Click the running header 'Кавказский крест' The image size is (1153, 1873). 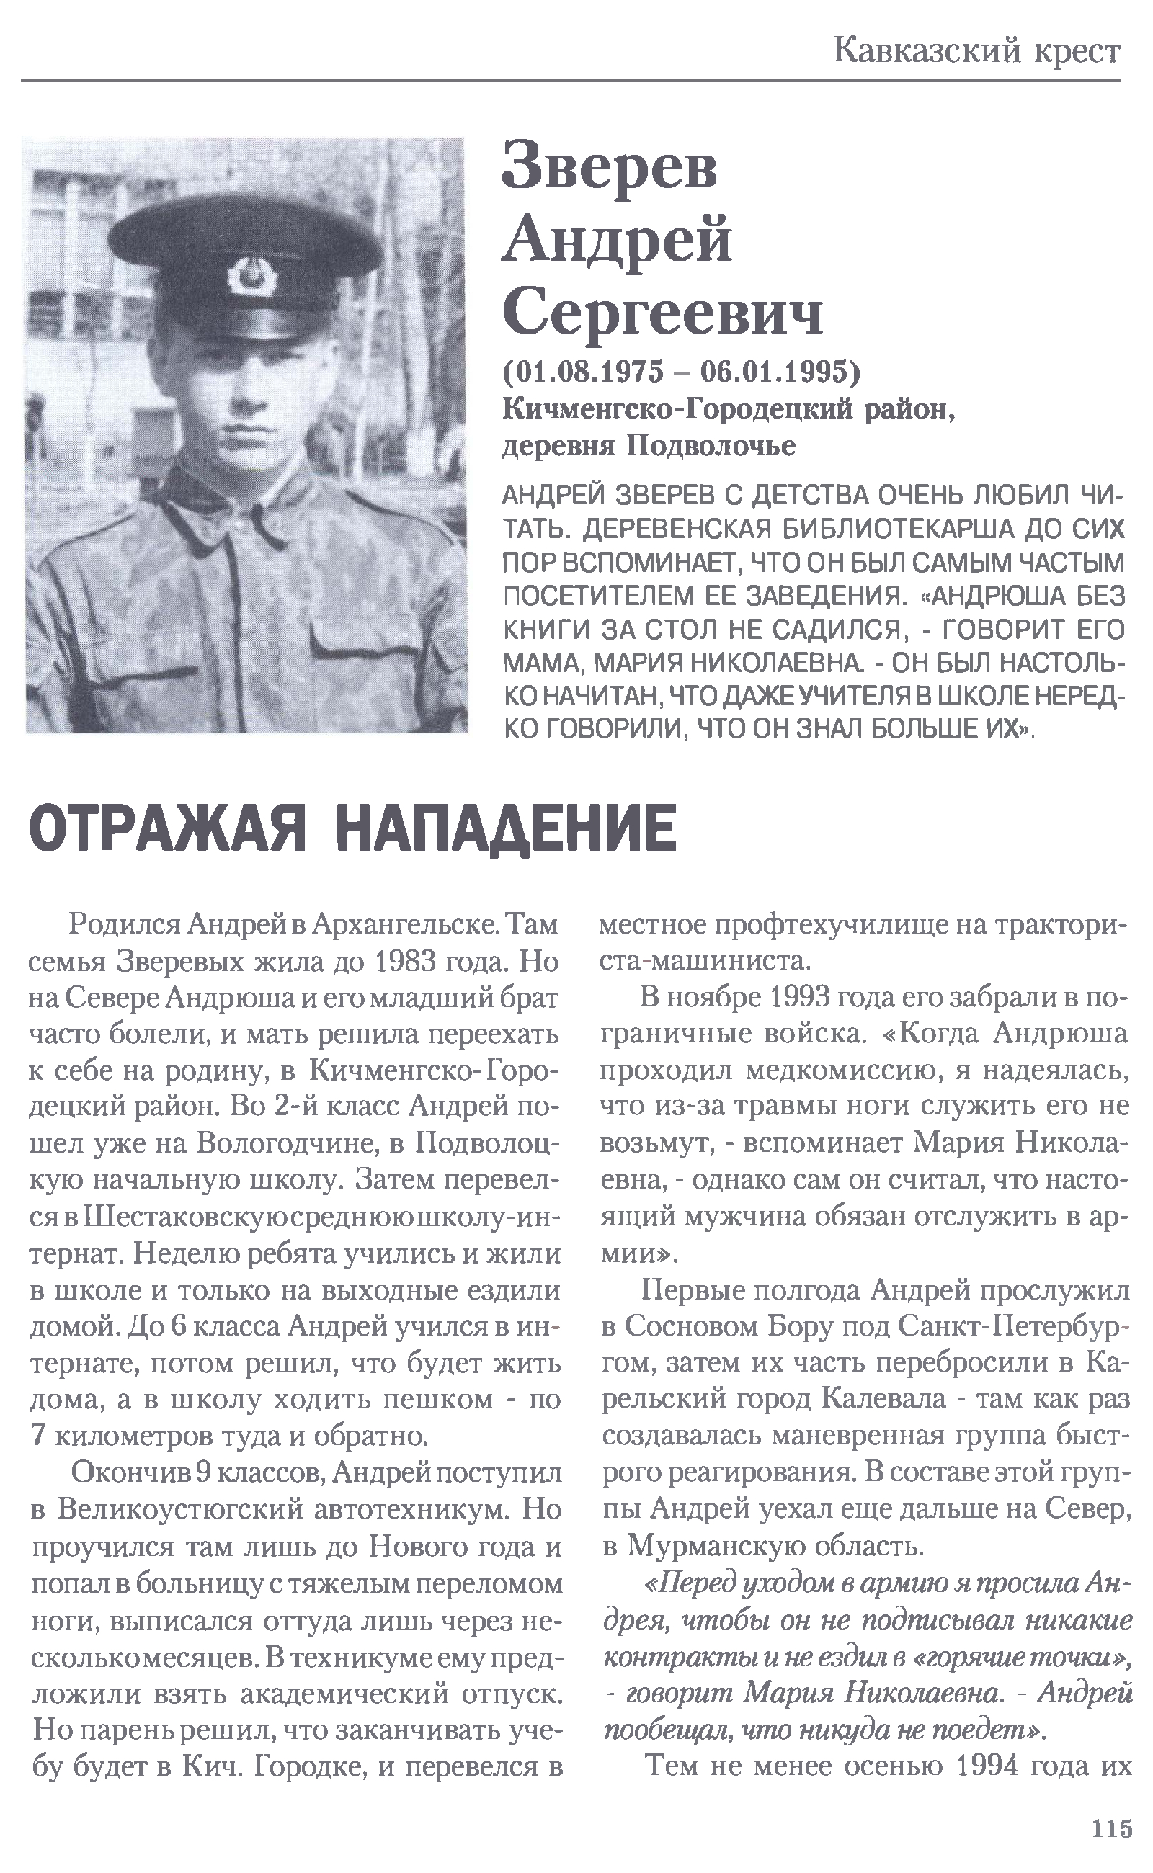pyautogui.click(x=977, y=51)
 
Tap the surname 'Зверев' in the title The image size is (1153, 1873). pyautogui.click(x=610, y=166)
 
